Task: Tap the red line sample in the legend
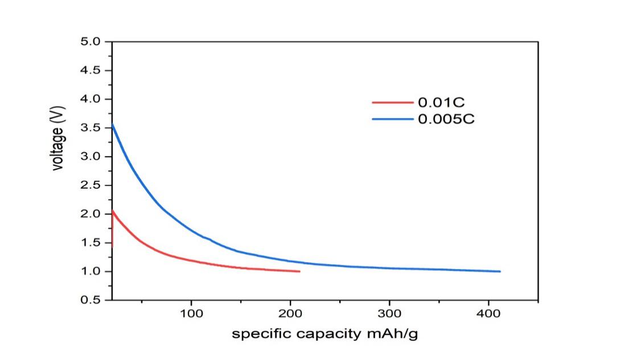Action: pyautogui.click(x=393, y=103)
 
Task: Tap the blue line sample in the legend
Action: pyautogui.click(x=393, y=119)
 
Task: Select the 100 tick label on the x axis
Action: pyautogui.click(x=191, y=314)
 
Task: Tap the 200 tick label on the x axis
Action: pyautogui.click(x=290, y=314)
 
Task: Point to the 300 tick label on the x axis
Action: pyautogui.click(x=389, y=314)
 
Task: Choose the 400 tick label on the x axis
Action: pyautogui.click(x=488, y=314)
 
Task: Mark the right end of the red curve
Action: pyautogui.click(x=299, y=271)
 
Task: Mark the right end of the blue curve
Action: pyautogui.click(x=500, y=271)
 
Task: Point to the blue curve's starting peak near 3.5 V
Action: pyautogui.click(x=113, y=124)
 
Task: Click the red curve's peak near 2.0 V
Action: pyautogui.click(x=113, y=210)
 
